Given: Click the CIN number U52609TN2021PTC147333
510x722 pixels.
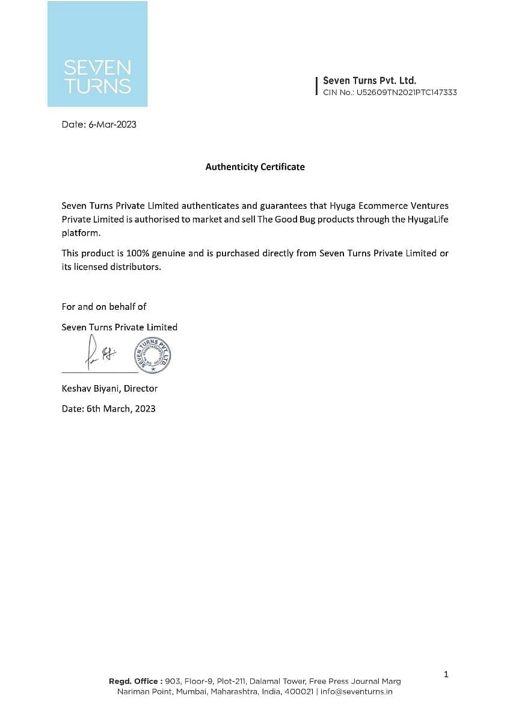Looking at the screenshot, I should point(407,93).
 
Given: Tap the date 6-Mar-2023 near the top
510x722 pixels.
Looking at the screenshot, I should point(112,125).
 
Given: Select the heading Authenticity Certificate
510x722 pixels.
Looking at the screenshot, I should point(255,167).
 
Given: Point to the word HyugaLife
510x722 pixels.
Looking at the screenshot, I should point(428,219).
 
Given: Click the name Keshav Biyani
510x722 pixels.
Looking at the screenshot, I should point(90,389).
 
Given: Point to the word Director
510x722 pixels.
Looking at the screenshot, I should point(141,389).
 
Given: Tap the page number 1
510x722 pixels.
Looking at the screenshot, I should point(446,674).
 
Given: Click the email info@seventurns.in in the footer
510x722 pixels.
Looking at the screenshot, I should point(357,692).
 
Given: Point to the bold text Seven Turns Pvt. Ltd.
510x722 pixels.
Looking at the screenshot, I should point(369,81).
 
